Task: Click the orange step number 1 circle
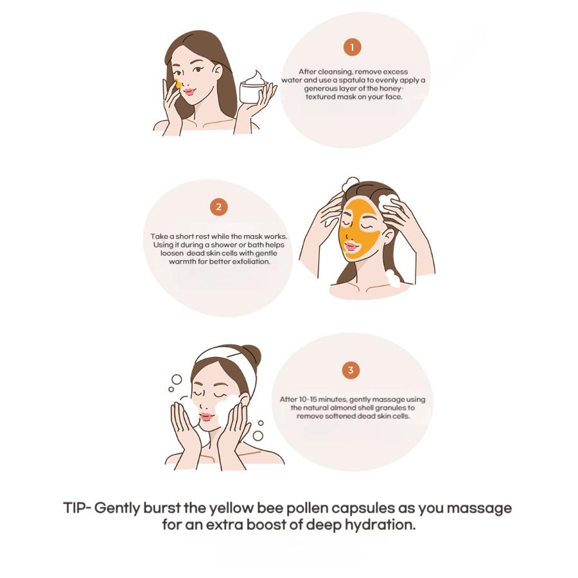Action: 351,47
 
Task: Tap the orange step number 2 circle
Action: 219,207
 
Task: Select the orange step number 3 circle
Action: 351,370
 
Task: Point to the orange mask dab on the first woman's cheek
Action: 179,84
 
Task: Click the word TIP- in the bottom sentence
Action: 77,508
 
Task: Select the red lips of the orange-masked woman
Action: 351,246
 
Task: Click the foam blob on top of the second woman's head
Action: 351,184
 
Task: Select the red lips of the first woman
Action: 189,92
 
